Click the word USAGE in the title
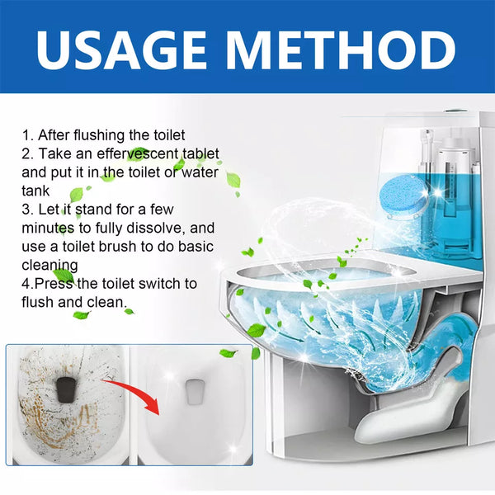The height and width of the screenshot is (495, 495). (x=121, y=49)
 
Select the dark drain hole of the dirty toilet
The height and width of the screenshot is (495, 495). (x=65, y=390)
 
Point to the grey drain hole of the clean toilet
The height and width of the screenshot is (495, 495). (x=195, y=391)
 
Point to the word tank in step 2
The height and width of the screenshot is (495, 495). (x=35, y=191)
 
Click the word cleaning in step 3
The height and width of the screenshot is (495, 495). (x=49, y=266)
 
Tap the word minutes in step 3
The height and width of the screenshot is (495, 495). (x=48, y=228)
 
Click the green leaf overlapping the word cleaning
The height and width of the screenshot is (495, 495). (x=64, y=276)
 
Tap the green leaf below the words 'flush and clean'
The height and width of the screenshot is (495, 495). (x=81, y=315)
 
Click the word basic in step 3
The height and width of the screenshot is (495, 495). (x=196, y=247)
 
